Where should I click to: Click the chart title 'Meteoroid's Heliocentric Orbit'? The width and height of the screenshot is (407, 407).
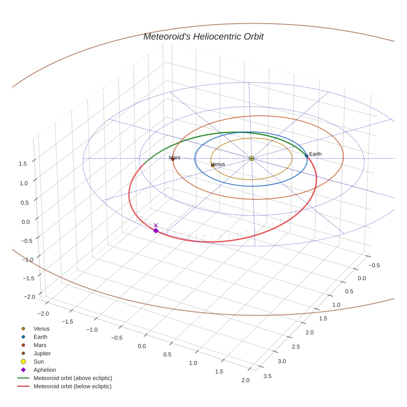[203, 37]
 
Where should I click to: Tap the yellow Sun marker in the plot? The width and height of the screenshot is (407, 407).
[251, 158]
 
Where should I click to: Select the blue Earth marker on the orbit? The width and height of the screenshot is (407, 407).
[306, 156]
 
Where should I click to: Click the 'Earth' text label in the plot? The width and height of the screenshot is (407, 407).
[315, 154]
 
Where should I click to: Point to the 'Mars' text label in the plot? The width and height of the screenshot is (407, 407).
[175, 158]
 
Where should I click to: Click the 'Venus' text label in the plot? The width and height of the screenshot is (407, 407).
[218, 164]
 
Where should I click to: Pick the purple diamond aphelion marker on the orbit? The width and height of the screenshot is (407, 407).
[156, 231]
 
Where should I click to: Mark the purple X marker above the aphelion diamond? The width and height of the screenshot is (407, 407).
[156, 225]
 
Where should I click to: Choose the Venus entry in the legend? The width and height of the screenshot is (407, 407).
[41, 329]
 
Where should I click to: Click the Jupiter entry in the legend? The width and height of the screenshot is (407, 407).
[43, 354]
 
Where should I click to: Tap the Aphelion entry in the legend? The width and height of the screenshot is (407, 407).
[45, 370]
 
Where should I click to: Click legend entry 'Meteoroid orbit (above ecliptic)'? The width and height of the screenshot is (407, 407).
[73, 378]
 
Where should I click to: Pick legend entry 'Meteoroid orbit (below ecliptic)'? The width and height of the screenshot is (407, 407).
[73, 386]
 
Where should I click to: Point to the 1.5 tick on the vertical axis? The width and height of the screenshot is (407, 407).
[22, 164]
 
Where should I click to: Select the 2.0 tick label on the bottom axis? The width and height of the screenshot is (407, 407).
[245, 381]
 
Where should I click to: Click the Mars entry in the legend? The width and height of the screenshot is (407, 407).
[40, 345]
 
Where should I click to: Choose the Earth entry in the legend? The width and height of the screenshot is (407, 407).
[41, 337]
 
